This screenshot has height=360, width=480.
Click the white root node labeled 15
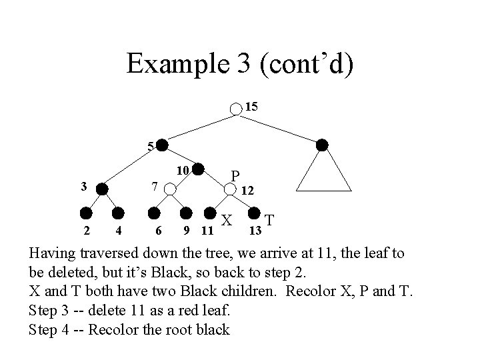tap(237, 109)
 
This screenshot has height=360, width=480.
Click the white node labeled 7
tap(171, 189)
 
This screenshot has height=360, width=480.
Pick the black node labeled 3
tap(102, 189)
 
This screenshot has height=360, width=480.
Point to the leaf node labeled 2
tap(86, 214)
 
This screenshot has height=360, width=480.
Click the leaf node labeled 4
tap(118, 214)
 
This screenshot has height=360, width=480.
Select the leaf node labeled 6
tap(154, 214)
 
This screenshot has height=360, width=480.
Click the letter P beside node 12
tap(235, 176)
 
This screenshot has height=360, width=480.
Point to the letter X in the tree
tap(227, 220)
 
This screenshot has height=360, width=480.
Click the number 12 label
tap(247, 191)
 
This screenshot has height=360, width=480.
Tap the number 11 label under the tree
tap(207, 231)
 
